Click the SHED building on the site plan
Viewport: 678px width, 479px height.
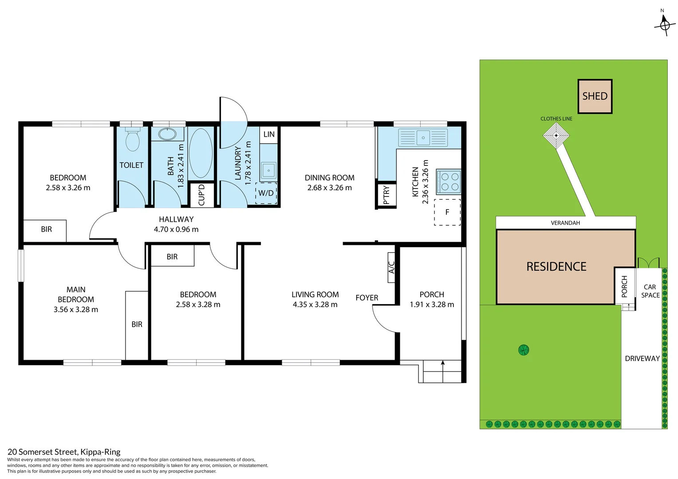[595, 96]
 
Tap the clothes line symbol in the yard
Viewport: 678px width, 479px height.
[556, 135]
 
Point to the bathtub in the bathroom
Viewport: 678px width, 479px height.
[201, 153]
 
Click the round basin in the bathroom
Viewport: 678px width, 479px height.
[167, 134]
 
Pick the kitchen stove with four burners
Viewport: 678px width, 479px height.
[449, 181]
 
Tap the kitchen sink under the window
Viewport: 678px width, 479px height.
[423, 137]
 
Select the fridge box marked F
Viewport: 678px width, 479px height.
[447, 212]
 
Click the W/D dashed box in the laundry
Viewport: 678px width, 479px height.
[266, 193]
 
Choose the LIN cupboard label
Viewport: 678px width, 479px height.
[269, 134]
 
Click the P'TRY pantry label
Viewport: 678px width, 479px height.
[386, 195]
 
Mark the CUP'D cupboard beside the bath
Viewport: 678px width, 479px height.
[201, 195]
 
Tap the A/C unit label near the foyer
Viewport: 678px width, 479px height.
[391, 267]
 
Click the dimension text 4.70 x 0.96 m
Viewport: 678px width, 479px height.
[176, 229]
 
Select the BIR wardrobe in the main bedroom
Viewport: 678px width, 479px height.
[137, 325]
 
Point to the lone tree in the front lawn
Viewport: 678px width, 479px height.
[524, 350]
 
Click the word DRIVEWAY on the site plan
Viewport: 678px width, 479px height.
[642, 358]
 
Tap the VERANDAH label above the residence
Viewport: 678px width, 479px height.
[565, 223]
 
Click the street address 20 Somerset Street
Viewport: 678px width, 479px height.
[64, 452]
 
